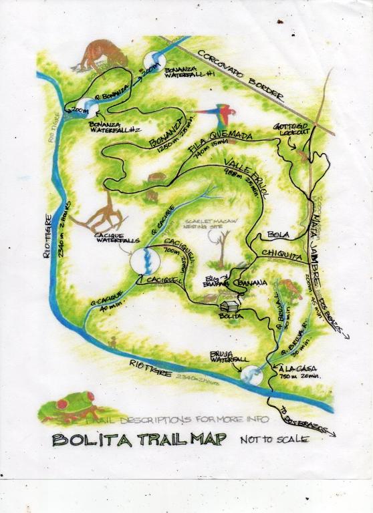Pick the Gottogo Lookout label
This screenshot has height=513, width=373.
pos(292,129)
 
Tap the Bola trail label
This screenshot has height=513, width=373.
pos(277,235)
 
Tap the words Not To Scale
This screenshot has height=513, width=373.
pos(275,440)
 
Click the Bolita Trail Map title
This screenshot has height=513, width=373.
pos(139,440)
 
